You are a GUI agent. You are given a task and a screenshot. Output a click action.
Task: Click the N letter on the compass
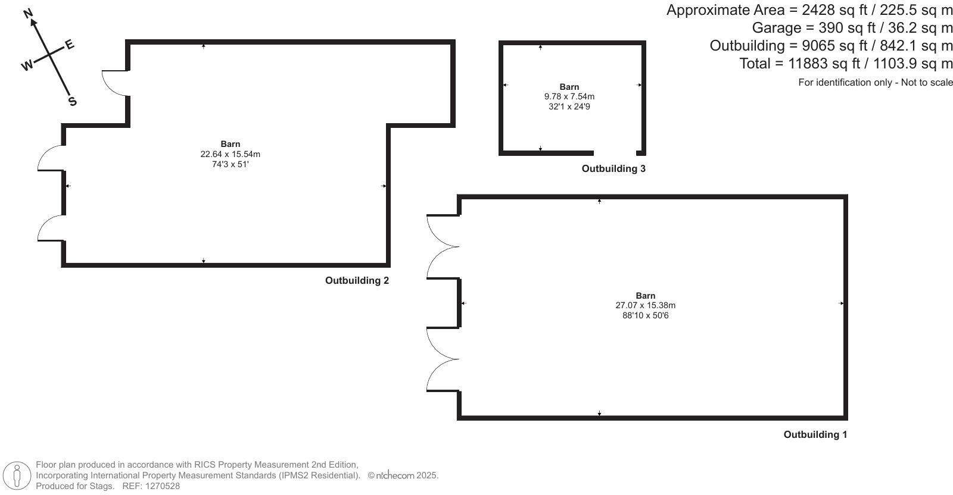coord(28,14)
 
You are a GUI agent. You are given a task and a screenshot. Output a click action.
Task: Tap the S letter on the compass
coord(72,101)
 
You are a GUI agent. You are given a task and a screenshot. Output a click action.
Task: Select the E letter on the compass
coord(69,45)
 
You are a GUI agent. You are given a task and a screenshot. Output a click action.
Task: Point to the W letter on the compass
coord(27,65)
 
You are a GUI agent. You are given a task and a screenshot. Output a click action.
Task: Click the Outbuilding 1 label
coord(815,435)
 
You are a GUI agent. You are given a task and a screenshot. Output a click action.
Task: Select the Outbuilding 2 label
coord(357,281)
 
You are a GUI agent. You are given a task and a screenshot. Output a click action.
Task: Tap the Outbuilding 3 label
coord(613,169)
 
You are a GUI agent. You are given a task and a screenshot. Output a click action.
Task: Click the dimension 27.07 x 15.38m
coord(645,305)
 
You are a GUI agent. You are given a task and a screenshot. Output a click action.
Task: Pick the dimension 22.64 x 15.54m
coord(230,154)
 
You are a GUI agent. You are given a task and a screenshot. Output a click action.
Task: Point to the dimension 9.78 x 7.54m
coord(569,96)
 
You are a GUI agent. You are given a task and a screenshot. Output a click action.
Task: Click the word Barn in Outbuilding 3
coord(569,87)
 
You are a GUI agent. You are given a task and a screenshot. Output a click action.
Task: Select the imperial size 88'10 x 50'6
coord(645,315)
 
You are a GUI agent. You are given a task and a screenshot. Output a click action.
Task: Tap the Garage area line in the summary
coord(852,28)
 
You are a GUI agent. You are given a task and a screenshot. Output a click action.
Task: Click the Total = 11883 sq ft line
coord(846,64)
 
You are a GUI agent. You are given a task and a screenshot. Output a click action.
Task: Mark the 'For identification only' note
coord(875,83)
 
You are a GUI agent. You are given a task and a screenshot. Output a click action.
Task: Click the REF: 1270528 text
coord(151,486)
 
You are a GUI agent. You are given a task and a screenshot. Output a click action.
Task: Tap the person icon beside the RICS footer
coord(17,476)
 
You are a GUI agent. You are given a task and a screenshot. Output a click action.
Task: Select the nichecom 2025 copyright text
coord(403,475)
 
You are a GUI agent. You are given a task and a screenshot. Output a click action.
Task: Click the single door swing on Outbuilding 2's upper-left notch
coord(114,82)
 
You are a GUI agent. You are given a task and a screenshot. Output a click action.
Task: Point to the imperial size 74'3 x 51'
coord(230,164)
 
